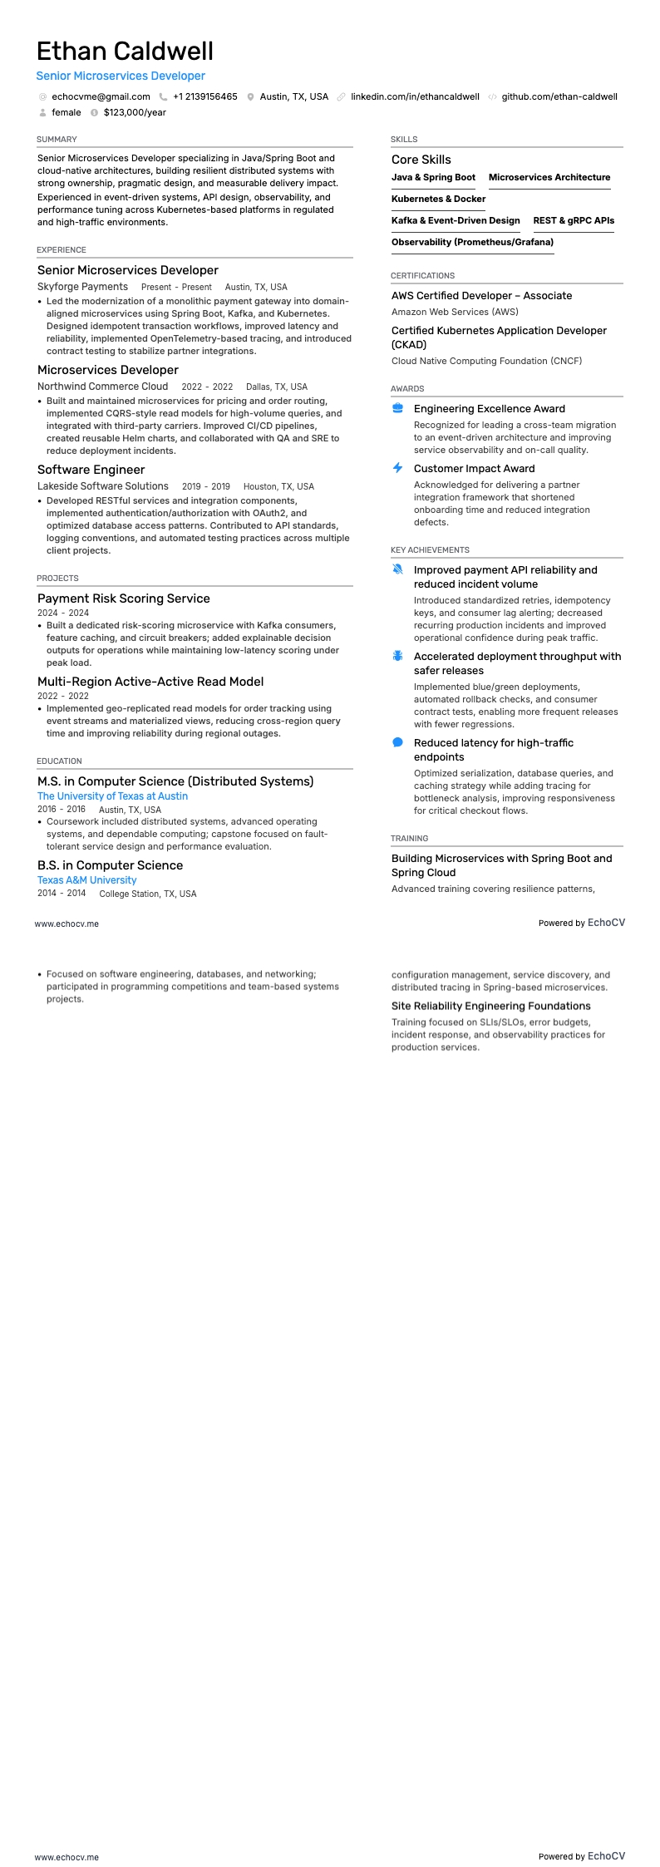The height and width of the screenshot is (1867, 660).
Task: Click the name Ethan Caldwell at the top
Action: click(125, 52)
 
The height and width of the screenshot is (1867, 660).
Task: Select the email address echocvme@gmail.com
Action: click(101, 96)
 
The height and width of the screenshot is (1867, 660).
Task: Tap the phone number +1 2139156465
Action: click(204, 96)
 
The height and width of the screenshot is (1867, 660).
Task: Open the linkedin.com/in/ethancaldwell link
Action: click(415, 96)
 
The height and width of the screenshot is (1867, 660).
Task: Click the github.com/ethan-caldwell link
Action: click(559, 96)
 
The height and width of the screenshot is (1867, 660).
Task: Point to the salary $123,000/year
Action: click(135, 112)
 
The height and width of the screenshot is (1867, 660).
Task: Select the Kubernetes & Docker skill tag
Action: click(438, 200)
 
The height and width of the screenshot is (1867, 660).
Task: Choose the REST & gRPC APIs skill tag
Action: click(574, 221)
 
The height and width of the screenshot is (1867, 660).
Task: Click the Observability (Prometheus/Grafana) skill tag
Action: click(472, 243)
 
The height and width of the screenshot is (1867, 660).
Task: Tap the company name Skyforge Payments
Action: click(82, 287)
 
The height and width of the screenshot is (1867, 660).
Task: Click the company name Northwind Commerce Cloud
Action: click(102, 387)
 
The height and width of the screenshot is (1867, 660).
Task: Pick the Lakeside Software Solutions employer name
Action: click(102, 486)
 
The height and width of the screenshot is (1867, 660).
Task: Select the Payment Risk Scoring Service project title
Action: click(123, 599)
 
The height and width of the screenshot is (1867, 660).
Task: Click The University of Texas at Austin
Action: click(112, 796)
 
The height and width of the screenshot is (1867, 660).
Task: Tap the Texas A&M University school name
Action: click(86, 880)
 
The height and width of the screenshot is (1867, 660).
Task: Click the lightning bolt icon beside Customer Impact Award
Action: click(397, 468)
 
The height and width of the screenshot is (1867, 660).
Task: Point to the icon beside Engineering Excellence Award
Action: click(397, 408)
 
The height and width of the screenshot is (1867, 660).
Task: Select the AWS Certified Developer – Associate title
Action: click(481, 296)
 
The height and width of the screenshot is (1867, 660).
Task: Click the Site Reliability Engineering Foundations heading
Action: click(490, 1006)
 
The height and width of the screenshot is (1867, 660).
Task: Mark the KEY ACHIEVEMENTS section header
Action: click(430, 550)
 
